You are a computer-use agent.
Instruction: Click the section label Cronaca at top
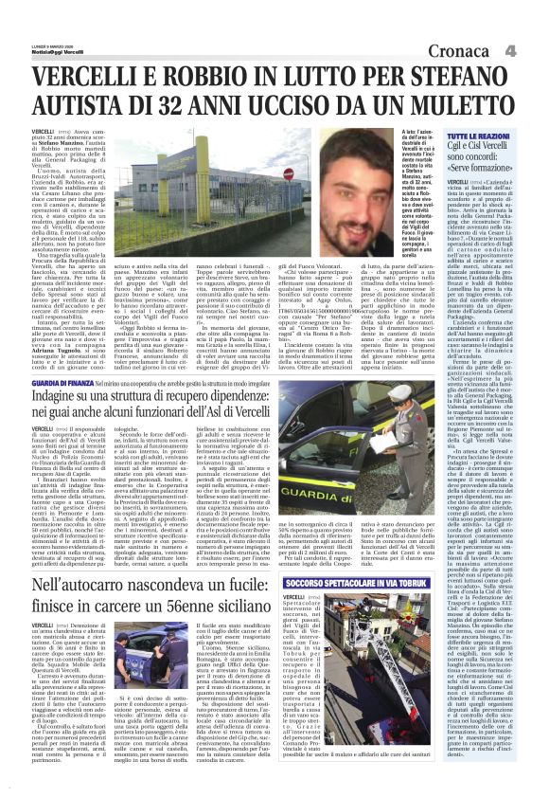pyautogui.click(x=463, y=49)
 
